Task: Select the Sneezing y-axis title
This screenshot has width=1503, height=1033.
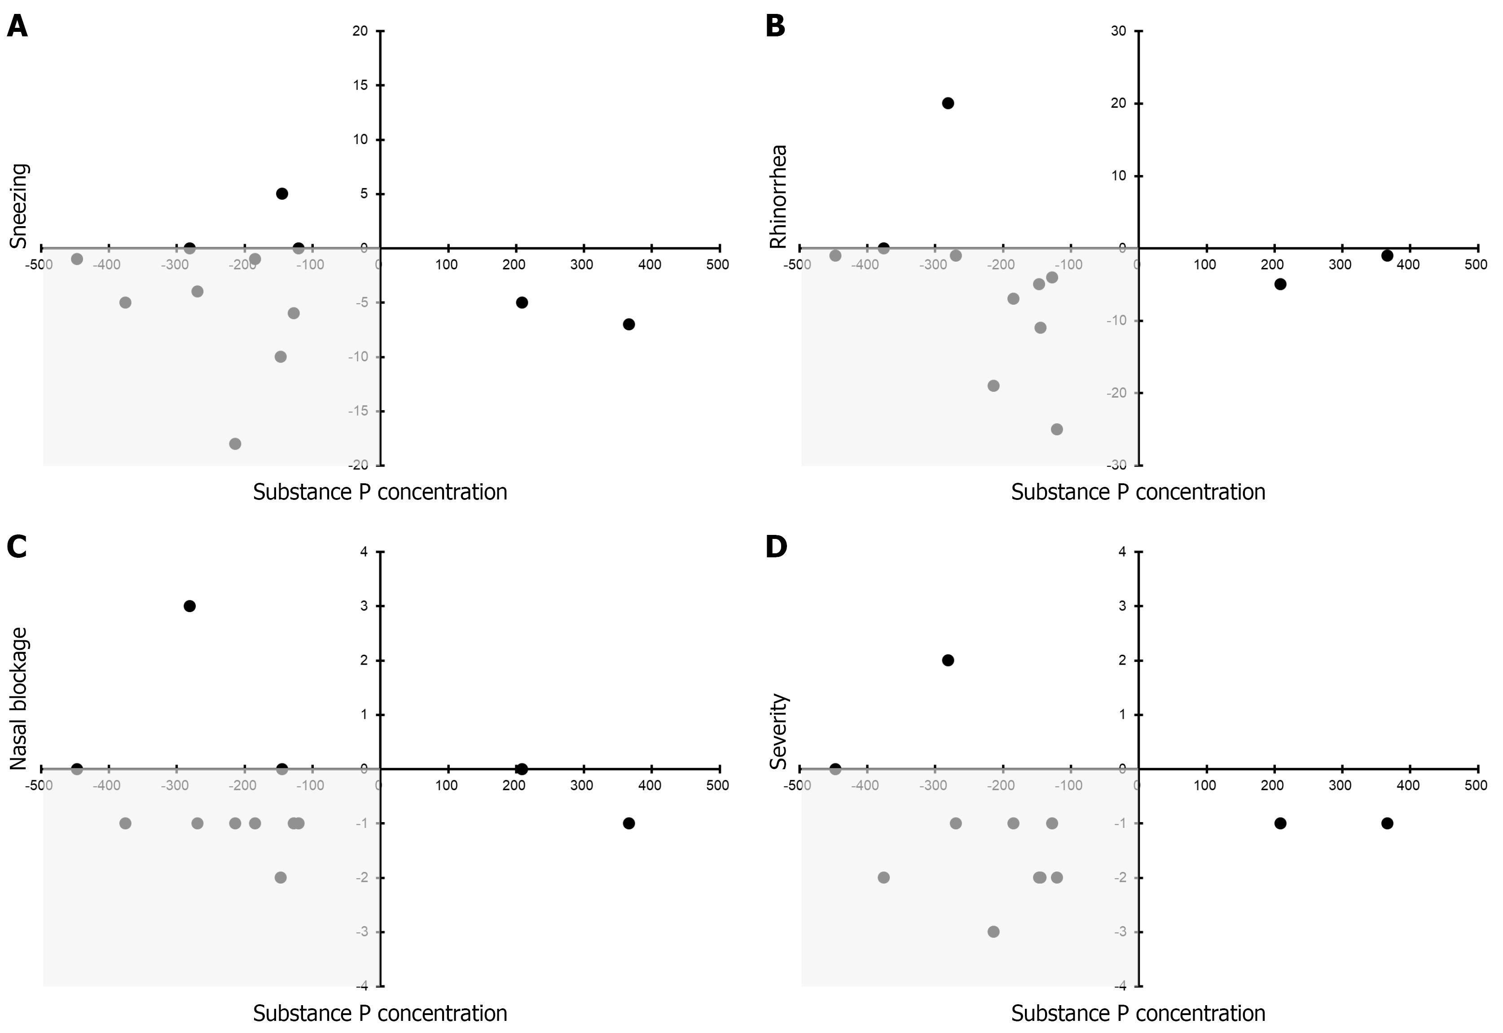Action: pyautogui.click(x=19, y=206)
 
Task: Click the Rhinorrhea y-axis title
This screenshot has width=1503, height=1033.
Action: pyautogui.click(x=778, y=196)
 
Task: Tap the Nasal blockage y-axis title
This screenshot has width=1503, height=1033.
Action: pyautogui.click(x=19, y=699)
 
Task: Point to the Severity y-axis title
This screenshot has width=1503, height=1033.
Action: pyautogui.click(x=778, y=731)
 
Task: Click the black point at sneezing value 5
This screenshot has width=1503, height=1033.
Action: pyautogui.click(x=281, y=193)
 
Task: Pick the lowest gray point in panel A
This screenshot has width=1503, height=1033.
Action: pyautogui.click(x=235, y=444)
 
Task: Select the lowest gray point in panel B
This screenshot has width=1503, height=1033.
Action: pyautogui.click(x=1057, y=429)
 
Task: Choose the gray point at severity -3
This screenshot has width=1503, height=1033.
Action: pyautogui.click(x=993, y=932)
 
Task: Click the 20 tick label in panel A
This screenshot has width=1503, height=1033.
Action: pyautogui.click(x=360, y=31)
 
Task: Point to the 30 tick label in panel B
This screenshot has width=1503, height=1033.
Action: pyautogui.click(x=1118, y=31)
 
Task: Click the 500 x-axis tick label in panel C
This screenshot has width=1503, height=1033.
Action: pyautogui.click(x=717, y=786)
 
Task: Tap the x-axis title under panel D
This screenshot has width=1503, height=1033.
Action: pyautogui.click(x=1138, y=1013)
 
